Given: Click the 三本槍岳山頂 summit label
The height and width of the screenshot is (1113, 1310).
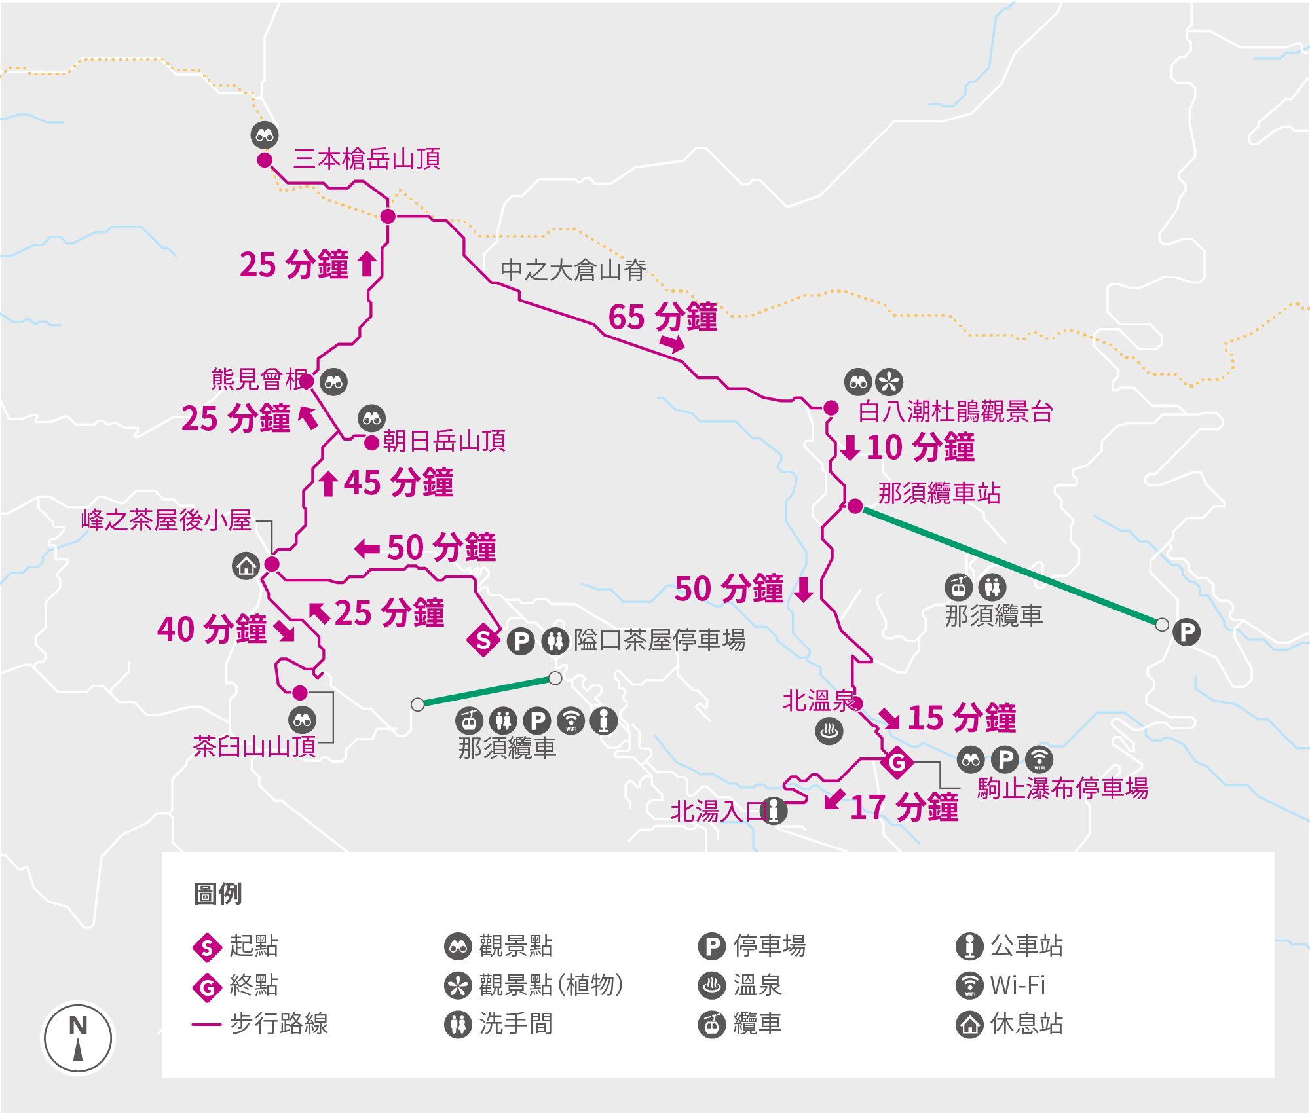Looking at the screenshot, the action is coord(366,159).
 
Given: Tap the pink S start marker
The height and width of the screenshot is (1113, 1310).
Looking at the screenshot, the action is coord(483,640).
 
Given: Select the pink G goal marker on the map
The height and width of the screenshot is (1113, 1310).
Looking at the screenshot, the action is coord(897,763).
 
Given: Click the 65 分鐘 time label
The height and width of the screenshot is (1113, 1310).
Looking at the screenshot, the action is coord(663,318).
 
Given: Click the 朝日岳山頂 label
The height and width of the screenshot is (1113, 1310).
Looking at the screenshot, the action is coord(444,441).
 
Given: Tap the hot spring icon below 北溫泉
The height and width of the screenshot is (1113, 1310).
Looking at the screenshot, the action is coord(829,731).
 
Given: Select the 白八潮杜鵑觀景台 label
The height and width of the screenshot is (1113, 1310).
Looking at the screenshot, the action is coord(955,412).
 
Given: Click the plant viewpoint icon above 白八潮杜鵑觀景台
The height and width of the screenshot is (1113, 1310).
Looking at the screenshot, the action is coord(889,382).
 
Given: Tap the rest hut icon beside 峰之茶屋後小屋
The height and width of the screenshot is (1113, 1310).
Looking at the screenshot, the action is coord(246,566).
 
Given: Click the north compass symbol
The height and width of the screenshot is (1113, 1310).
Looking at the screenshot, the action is coord(78,1038).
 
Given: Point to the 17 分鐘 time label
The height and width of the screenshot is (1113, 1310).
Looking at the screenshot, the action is coord(904,807).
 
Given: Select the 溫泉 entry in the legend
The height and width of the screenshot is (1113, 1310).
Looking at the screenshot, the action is coord(757,985).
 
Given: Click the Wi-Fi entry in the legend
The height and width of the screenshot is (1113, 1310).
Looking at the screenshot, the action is coord(1017,985).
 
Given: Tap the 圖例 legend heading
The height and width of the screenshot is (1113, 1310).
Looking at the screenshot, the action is coord(218,894).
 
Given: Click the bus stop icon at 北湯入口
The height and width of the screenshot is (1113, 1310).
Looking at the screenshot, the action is coord(774,811).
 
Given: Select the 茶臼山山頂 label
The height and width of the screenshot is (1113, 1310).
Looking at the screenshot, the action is coord(254,746).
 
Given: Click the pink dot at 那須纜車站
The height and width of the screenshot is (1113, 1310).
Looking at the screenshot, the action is coord(855,506).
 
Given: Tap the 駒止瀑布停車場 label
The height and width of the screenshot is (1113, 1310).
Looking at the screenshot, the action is coord(1062,789).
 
